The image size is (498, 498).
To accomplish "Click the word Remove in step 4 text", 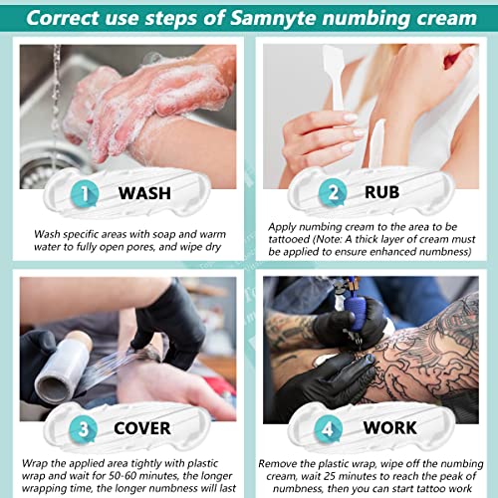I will pos(280,463).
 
